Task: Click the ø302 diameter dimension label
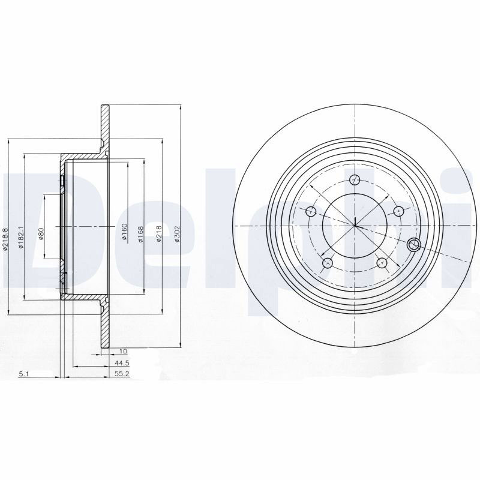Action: [176, 235]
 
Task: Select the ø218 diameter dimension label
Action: [159, 234]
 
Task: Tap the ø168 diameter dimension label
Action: [141, 235]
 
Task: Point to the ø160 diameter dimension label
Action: [124, 232]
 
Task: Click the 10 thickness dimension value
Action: [124, 352]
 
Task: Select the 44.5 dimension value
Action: [122, 364]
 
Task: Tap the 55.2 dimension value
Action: [122, 374]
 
